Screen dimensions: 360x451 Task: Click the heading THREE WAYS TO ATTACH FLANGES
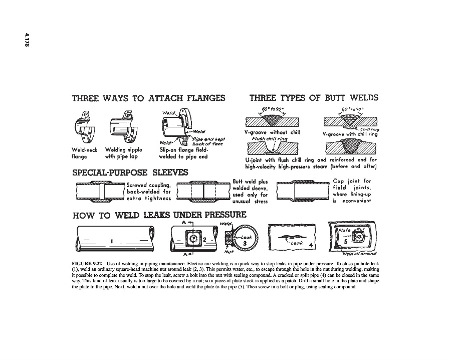click(x=148, y=98)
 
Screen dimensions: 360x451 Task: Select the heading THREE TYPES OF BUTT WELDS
click(x=314, y=97)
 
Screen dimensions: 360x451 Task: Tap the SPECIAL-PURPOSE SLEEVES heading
click(x=130, y=172)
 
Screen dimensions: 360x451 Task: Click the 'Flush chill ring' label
click(x=268, y=138)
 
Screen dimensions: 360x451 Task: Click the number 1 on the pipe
click(x=112, y=241)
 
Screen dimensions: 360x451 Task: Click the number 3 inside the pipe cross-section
click(x=245, y=243)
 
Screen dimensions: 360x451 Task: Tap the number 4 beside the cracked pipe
click(x=311, y=245)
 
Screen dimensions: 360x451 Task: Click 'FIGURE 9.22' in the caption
click(x=86, y=263)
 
